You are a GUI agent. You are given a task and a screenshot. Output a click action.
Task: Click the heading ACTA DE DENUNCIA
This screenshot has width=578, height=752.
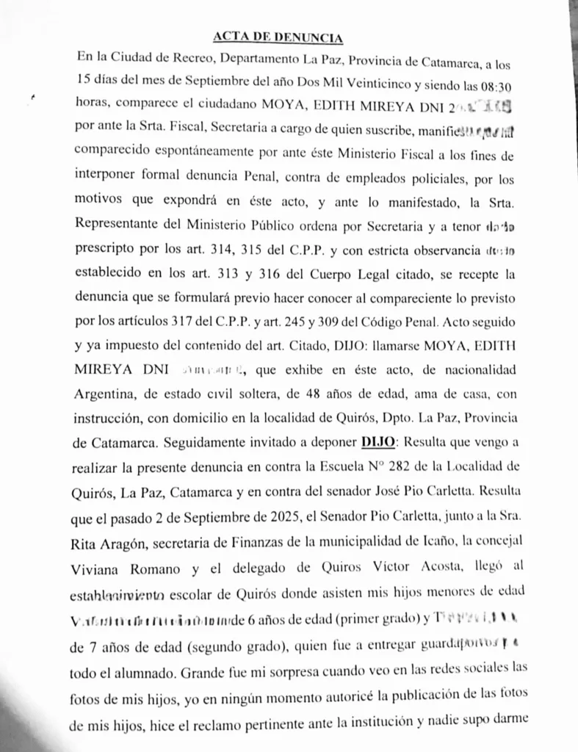278,37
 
